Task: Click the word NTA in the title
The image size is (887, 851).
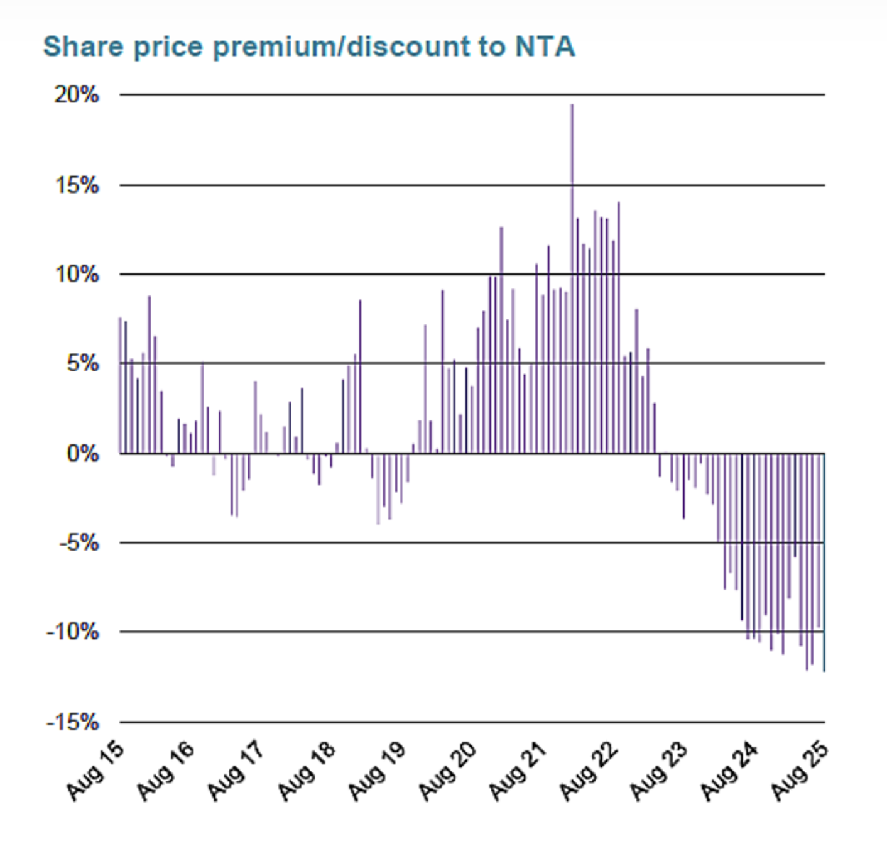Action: tap(545, 47)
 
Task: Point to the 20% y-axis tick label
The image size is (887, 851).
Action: tap(77, 95)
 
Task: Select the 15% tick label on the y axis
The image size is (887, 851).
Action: tap(77, 185)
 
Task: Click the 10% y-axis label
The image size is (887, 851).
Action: tap(77, 275)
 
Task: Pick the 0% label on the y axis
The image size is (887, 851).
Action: tap(82, 453)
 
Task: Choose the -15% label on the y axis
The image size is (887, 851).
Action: tap(73, 722)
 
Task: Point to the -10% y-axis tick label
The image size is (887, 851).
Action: tap(73, 632)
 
